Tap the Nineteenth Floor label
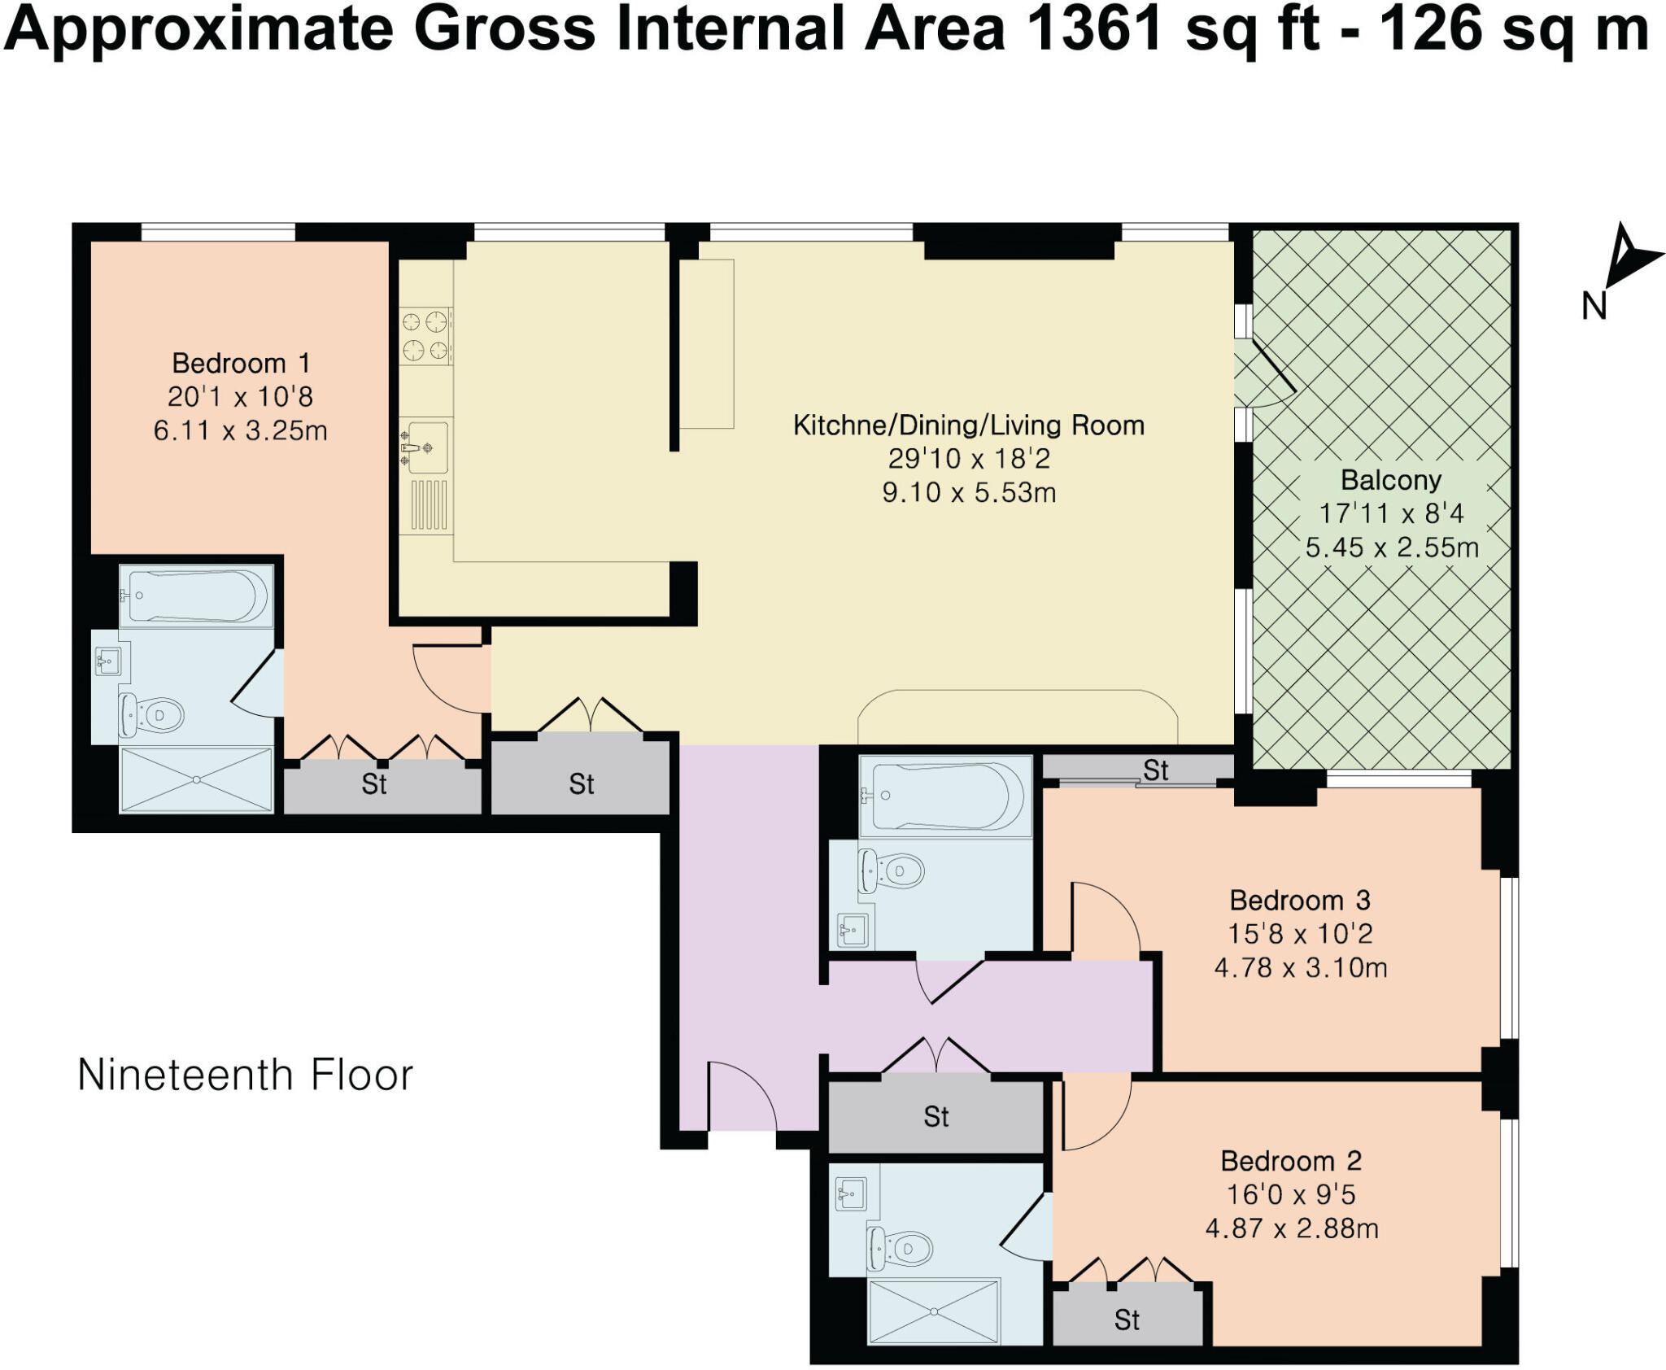[245, 1075]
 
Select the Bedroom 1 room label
[241, 363]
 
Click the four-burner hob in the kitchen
[425, 336]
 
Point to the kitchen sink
[426, 447]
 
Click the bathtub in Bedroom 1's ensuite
[195, 596]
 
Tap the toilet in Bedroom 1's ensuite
[153, 715]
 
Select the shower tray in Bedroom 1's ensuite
[196, 779]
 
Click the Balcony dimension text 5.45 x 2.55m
[1392, 548]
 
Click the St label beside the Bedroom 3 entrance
[1155, 770]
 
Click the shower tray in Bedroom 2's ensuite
[933, 1311]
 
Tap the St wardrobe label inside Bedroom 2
[1127, 1320]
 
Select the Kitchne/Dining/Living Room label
[968, 425]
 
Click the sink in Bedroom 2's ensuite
[851, 1194]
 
